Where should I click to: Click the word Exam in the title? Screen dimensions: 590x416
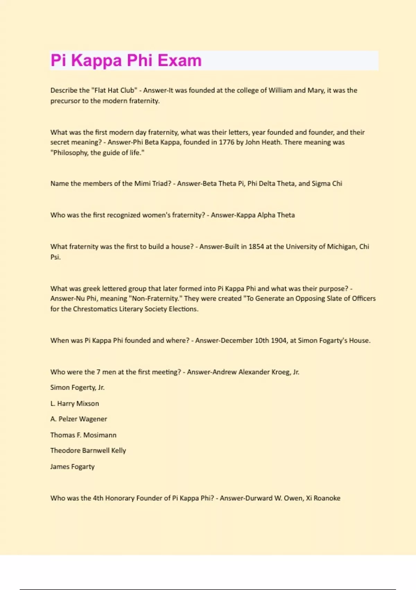179,60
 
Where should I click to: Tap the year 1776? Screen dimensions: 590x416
226,142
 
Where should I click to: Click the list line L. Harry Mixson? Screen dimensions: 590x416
75,404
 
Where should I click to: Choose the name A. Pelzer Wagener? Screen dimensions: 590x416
79,419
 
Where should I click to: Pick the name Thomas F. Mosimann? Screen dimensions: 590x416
83,435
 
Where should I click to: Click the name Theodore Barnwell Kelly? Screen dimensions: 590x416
88,451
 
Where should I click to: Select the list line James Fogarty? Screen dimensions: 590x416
72,467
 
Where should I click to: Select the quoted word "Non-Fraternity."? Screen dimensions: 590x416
155,299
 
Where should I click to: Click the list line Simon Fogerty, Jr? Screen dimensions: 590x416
77,388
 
